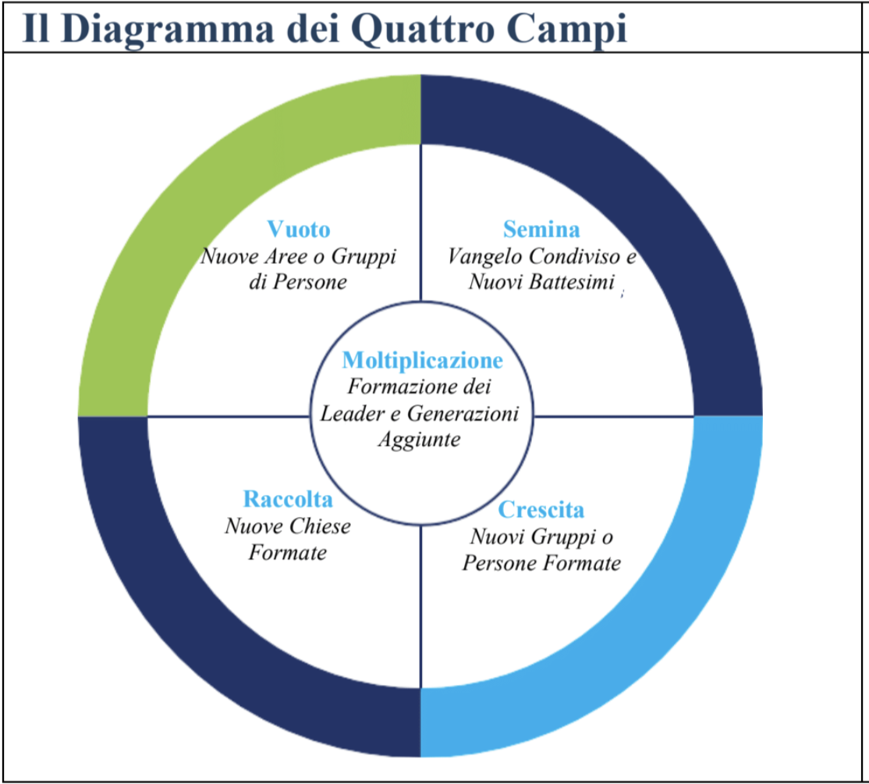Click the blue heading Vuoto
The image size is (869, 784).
click(299, 229)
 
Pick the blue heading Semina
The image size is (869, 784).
click(541, 229)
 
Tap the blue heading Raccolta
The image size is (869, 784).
click(288, 499)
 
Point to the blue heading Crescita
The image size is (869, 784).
click(541, 509)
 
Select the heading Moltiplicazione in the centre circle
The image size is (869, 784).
click(422, 360)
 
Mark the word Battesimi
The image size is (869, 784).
click(572, 283)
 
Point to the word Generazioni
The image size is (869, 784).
click(463, 413)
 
